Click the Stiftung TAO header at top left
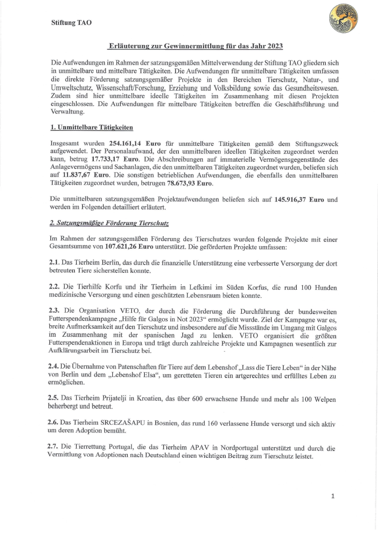[x=71, y=23]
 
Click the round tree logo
[x=344, y=19]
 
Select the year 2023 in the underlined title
[x=275, y=46]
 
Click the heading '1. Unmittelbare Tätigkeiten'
[x=91, y=127]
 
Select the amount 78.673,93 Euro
[x=190, y=183]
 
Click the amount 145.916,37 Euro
[x=299, y=200]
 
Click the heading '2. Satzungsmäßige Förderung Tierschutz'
[x=109, y=223]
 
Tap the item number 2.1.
[x=54, y=262]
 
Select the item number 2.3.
[x=54, y=311]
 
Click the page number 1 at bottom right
[x=333, y=496]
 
